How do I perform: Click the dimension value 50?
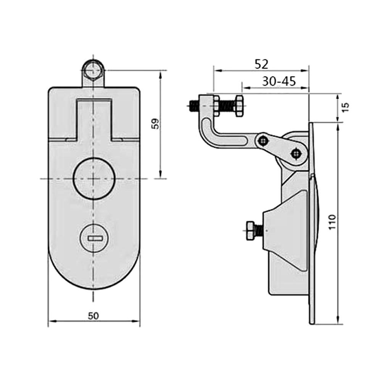(94, 316)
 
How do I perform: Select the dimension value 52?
(261, 64)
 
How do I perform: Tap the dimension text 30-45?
(279, 81)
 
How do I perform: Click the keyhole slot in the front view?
(94, 238)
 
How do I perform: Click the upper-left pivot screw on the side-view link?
(262, 141)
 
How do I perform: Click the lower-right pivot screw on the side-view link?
(295, 154)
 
